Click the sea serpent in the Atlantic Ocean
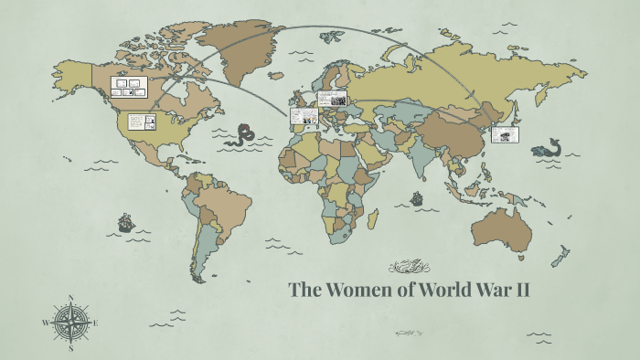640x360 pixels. point(242,134)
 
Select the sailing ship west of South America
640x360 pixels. point(125,221)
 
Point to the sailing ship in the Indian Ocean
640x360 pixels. point(417,197)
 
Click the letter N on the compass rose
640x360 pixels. point(71,297)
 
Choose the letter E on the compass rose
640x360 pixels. point(96,323)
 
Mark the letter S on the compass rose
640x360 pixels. point(71,347)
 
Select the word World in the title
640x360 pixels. point(444,291)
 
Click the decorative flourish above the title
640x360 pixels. point(409,267)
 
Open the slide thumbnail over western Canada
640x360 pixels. point(129,87)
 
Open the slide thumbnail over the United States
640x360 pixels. point(142,122)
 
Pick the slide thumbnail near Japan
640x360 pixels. point(504,133)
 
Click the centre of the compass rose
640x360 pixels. point(71,323)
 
